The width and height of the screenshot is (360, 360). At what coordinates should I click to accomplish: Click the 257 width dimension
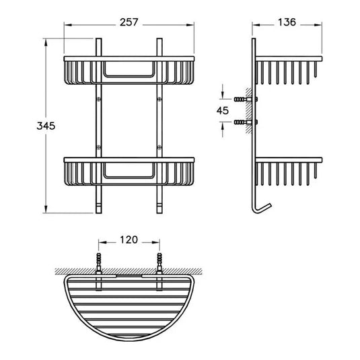click(x=129, y=22)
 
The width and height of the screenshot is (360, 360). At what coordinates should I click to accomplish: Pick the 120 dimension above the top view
click(x=129, y=239)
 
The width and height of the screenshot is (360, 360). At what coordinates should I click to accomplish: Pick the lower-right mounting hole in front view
click(x=159, y=144)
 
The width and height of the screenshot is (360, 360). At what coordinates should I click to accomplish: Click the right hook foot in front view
click(x=160, y=202)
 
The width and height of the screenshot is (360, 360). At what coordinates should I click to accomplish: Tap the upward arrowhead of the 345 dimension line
click(x=46, y=42)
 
